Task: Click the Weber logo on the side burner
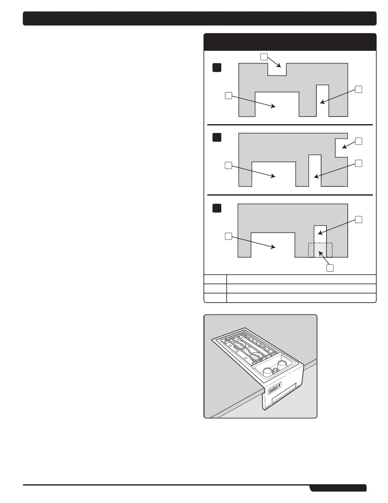point(275,390)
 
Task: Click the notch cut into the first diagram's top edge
point(277,69)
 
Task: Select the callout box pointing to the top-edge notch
point(264,57)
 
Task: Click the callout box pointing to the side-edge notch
point(359,141)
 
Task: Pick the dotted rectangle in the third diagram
point(320,250)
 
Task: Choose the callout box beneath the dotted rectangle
point(330,268)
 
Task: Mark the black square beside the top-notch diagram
point(217,68)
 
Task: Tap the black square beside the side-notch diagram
point(217,137)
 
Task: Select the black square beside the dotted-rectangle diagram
point(217,208)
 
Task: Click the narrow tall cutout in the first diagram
point(323,100)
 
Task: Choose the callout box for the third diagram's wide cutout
point(228,236)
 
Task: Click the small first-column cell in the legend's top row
point(215,279)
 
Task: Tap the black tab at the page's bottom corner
point(338,488)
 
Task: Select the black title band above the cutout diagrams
point(290,42)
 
